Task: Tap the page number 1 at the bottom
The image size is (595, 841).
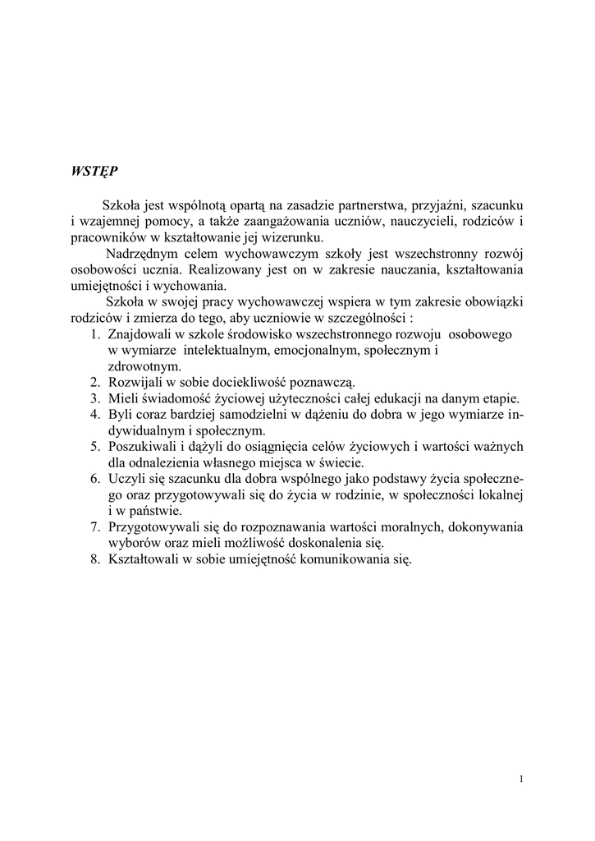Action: (x=522, y=779)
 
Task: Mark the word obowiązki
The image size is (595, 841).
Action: (x=493, y=302)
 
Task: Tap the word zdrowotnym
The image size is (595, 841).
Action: (x=139, y=366)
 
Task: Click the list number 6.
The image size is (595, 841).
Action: (x=95, y=479)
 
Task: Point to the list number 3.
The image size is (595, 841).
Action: (x=95, y=398)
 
